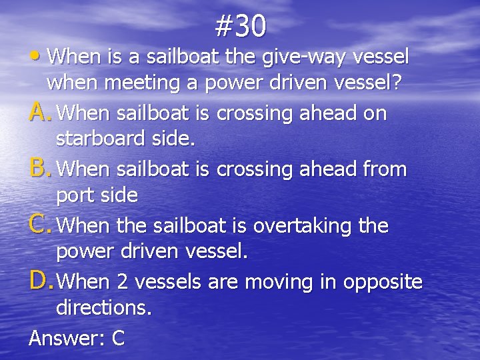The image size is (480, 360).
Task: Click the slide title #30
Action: click(240, 27)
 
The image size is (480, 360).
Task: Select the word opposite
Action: click(383, 283)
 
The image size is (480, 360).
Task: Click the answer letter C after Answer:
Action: click(118, 338)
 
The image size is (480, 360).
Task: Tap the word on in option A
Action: click(374, 113)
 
